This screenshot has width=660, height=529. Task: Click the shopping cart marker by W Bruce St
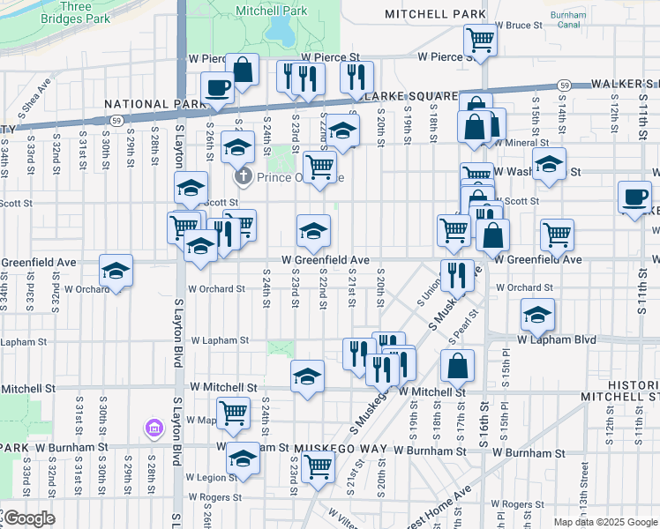point(479,39)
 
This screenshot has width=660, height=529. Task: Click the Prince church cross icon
point(245,177)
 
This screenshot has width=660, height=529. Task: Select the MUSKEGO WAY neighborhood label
point(341,449)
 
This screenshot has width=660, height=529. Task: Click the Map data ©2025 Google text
point(604,522)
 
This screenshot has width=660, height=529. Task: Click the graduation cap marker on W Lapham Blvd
point(537,314)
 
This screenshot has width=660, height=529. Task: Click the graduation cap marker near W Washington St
point(549,164)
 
